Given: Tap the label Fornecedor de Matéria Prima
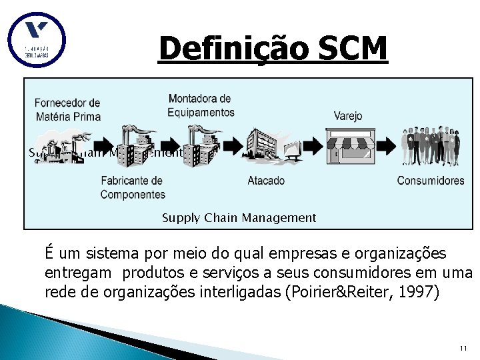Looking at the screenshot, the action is coord(67,109).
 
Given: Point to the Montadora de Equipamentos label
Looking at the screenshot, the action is coord(200,105).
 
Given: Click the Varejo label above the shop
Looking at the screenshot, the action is coord(348,116).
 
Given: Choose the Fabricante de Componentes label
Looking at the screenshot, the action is coord(132,187).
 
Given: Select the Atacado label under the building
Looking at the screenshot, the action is coord(266,180).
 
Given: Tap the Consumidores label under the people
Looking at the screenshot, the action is coord(431,180).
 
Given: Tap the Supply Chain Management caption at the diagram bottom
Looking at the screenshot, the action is coord(239,217).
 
